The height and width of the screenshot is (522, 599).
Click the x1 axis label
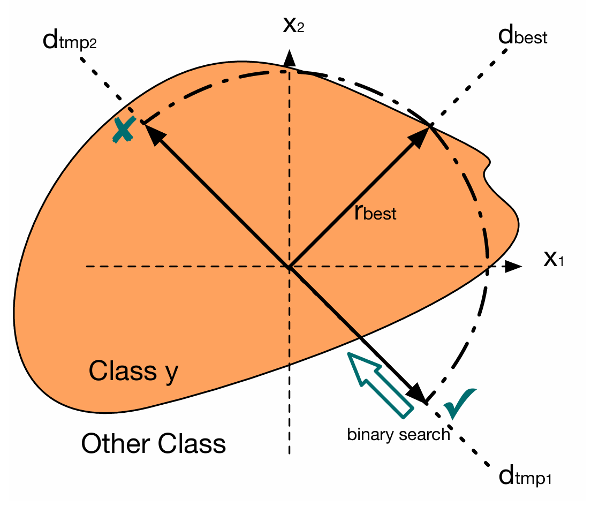[x=553, y=260]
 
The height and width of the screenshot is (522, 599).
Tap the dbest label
[x=521, y=37]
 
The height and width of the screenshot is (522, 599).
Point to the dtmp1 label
[x=524, y=476]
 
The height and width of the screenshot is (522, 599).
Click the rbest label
[x=375, y=212]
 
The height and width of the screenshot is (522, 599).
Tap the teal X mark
[x=124, y=130]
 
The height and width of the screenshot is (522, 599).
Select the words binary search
[x=398, y=434]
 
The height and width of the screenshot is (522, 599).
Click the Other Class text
[x=153, y=444]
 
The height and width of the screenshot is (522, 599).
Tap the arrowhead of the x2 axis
[x=289, y=57]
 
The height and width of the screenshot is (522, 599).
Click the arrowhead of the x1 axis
[x=514, y=266]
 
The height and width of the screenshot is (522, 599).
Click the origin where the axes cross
[x=289, y=266]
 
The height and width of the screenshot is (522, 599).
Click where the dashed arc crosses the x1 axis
[x=487, y=266]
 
